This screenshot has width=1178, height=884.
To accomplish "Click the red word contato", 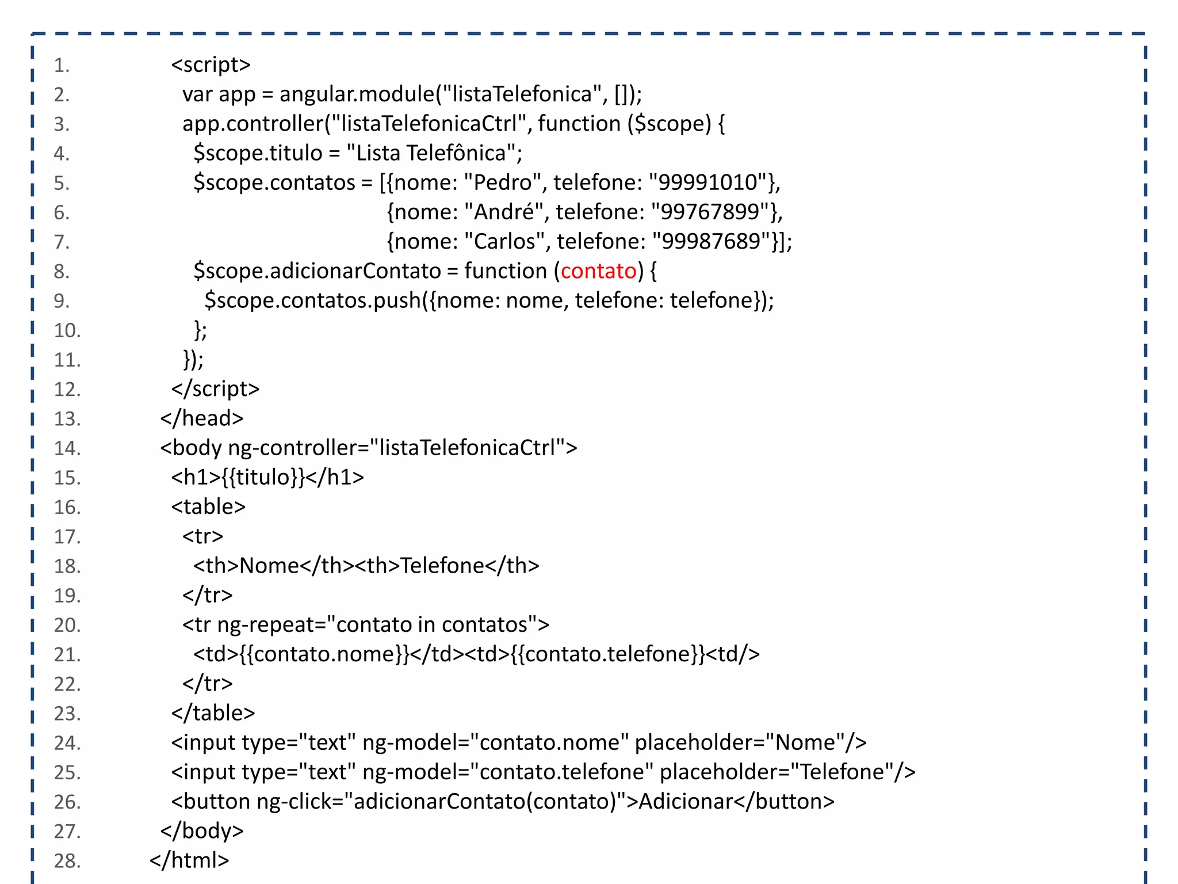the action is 599,271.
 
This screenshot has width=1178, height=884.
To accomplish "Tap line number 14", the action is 67,448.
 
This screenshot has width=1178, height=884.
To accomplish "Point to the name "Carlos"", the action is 504,242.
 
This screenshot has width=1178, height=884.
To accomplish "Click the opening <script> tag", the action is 211,65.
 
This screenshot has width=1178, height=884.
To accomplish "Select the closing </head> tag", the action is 202,418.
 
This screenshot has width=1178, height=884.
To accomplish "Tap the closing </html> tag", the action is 189,860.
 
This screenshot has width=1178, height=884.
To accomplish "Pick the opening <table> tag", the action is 208,507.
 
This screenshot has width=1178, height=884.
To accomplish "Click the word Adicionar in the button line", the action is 686,802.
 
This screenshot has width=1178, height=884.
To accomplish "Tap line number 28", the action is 67,861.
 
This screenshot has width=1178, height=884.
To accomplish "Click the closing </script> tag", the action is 215,389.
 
